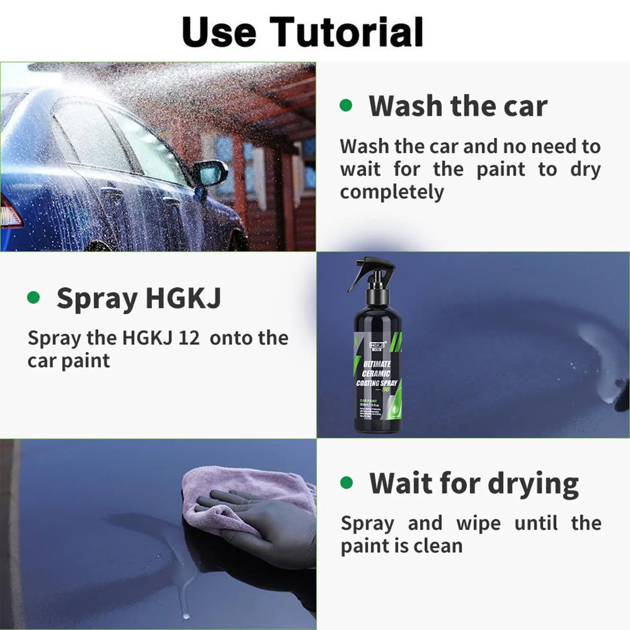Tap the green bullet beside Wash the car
click(x=346, y=106)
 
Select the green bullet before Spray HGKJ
click(x=34, y=298)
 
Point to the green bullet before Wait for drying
click(x=346, y=483)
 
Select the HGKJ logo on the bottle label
click(x=376, y=345)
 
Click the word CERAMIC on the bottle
click(x=376, y=374)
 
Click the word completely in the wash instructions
click(x=392, y=192)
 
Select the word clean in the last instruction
click(x=440, y=546)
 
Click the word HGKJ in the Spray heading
click(x=183, y=298)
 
